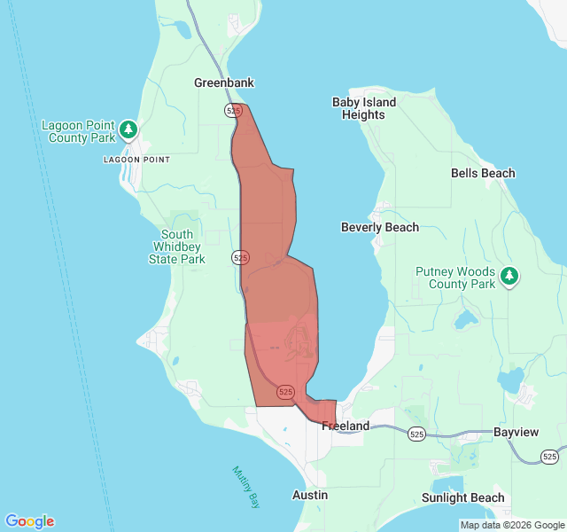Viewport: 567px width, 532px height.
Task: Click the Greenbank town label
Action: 224,82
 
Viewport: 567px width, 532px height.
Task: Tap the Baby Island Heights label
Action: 363,108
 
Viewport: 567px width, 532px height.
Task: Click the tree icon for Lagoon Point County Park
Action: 128,130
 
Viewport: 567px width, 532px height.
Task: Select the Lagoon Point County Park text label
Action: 78,131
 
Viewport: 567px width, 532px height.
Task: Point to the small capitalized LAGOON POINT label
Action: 136,160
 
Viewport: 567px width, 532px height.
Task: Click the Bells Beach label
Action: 483,173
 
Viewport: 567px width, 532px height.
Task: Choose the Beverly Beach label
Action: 380,227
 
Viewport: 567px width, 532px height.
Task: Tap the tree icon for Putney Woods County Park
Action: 509,277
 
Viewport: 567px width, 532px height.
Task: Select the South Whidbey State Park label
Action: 177,246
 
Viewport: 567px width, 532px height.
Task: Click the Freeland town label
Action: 346,426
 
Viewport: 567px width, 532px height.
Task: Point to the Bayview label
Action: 516,432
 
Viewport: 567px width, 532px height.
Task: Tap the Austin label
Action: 310,495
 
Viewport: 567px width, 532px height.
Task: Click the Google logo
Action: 29,521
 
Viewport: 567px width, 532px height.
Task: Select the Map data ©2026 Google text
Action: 511,525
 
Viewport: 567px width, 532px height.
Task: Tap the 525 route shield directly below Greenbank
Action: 234,111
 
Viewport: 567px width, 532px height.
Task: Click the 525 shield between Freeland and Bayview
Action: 417,434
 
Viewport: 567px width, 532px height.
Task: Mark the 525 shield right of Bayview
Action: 550,456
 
